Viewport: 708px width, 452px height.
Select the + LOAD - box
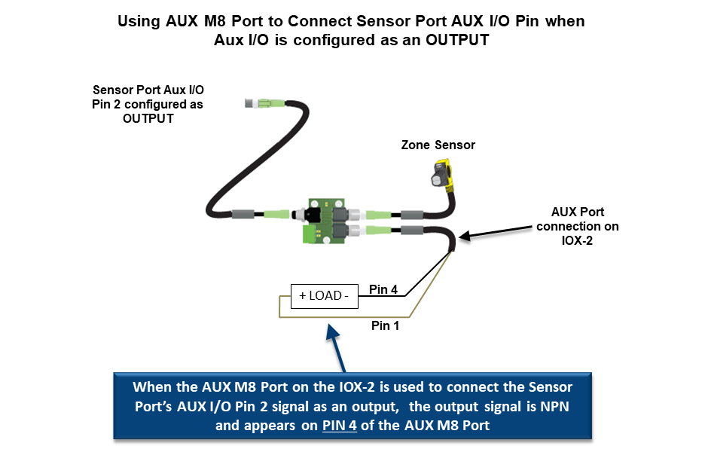[x=324, y=296]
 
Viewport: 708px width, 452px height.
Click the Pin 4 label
[x=383, y=289]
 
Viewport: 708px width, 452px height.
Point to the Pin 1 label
[x=385, y=325]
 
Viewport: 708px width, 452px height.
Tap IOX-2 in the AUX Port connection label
[x=578, y=242]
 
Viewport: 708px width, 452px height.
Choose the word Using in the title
[x=139, y=21]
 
